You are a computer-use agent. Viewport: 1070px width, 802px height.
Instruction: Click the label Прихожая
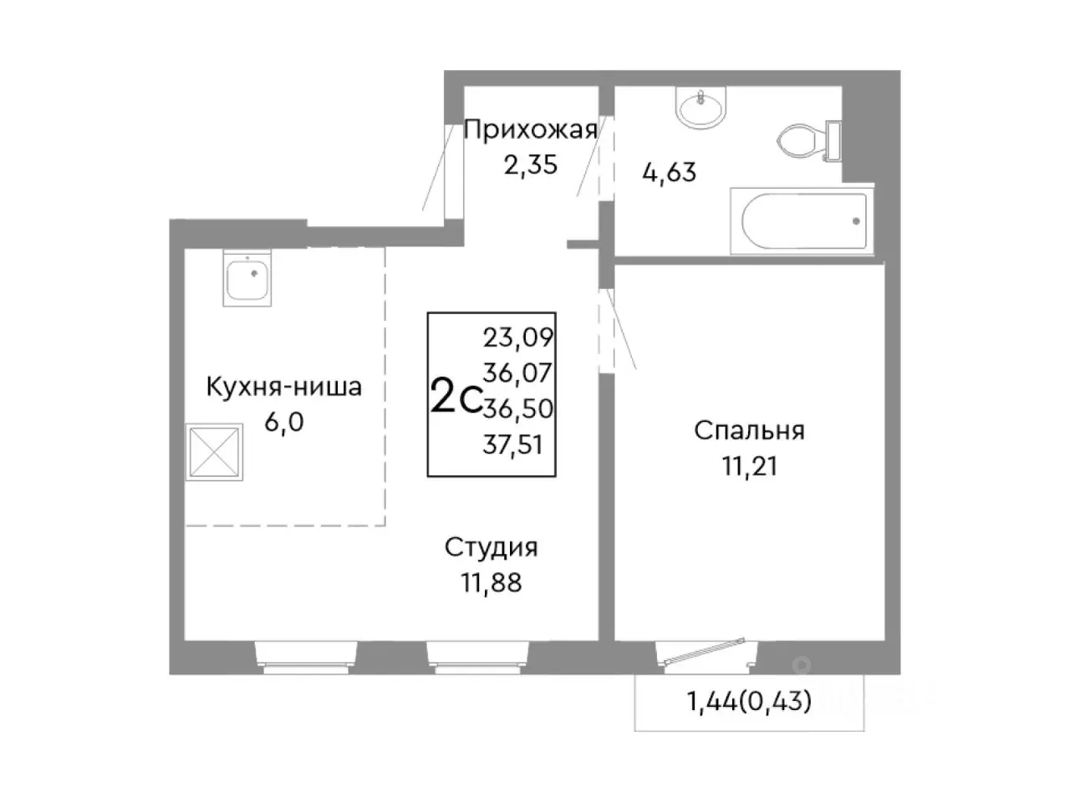click(530, 129)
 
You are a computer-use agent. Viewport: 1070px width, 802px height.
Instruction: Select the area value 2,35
click(530, 164)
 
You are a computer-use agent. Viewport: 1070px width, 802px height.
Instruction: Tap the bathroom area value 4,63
click(669, 173)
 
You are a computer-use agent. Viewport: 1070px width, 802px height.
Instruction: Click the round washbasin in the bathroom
click(701, 109)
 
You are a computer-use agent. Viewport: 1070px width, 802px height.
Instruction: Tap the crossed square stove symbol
click(215, 453)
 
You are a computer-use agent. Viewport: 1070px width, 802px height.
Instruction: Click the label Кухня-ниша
click(284, 388)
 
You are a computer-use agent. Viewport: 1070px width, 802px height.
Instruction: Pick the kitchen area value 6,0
click(284, 421)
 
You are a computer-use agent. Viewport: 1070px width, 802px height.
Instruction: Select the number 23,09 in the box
click(519, 338)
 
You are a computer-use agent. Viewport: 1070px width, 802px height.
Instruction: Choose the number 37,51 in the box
click(512, 445)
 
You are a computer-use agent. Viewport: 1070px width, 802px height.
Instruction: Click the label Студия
click(491, 547)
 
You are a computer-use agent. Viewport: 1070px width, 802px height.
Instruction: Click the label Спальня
click(749, 430)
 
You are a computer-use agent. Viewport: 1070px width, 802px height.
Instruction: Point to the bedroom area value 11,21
click(750, 465)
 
